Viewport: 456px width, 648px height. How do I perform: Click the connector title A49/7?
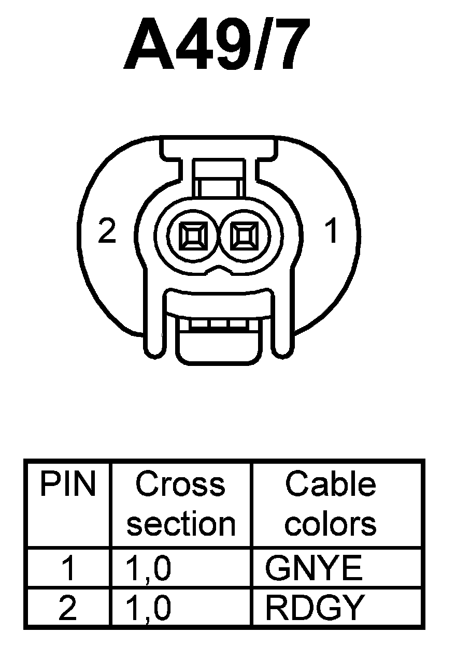[218, 45]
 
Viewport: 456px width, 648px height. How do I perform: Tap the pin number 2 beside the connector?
[107, 232]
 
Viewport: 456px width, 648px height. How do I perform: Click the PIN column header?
[68, 484]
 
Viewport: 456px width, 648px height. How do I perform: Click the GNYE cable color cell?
[313, 568]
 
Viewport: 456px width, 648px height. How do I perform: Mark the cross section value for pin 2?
[148, 608]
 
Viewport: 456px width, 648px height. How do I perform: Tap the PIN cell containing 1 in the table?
[68, 568]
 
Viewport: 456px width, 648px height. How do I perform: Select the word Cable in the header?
[331, 484]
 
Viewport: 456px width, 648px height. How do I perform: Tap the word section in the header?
[181, 524]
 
